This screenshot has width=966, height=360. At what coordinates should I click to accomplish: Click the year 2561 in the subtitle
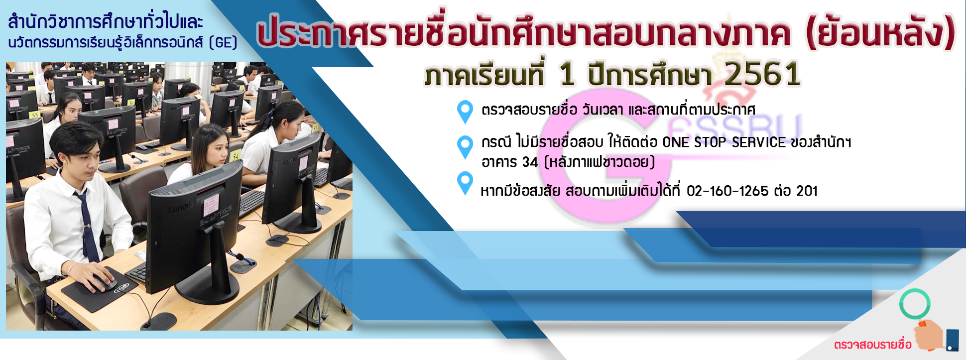[762, 74]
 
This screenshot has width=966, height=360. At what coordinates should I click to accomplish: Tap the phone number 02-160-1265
[727, 191]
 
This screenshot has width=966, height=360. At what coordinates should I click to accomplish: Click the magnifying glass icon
[915, 304]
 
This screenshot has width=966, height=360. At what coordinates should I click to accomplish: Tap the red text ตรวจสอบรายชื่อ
[872, 345]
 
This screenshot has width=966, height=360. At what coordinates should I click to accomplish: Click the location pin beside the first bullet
[465, 112]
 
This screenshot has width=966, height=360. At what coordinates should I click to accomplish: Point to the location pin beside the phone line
[465, 183]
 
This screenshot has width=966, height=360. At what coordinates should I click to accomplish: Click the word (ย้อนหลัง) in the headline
[880, 32]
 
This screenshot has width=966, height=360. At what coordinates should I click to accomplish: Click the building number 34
[530, 162]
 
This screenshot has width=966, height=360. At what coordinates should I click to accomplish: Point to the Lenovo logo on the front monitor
[181, 209]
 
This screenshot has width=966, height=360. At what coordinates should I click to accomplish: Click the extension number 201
[807, 191]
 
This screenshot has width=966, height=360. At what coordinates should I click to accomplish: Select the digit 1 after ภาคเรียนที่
[567, 75]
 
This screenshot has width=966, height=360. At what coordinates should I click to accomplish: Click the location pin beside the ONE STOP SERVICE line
[465, 147]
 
